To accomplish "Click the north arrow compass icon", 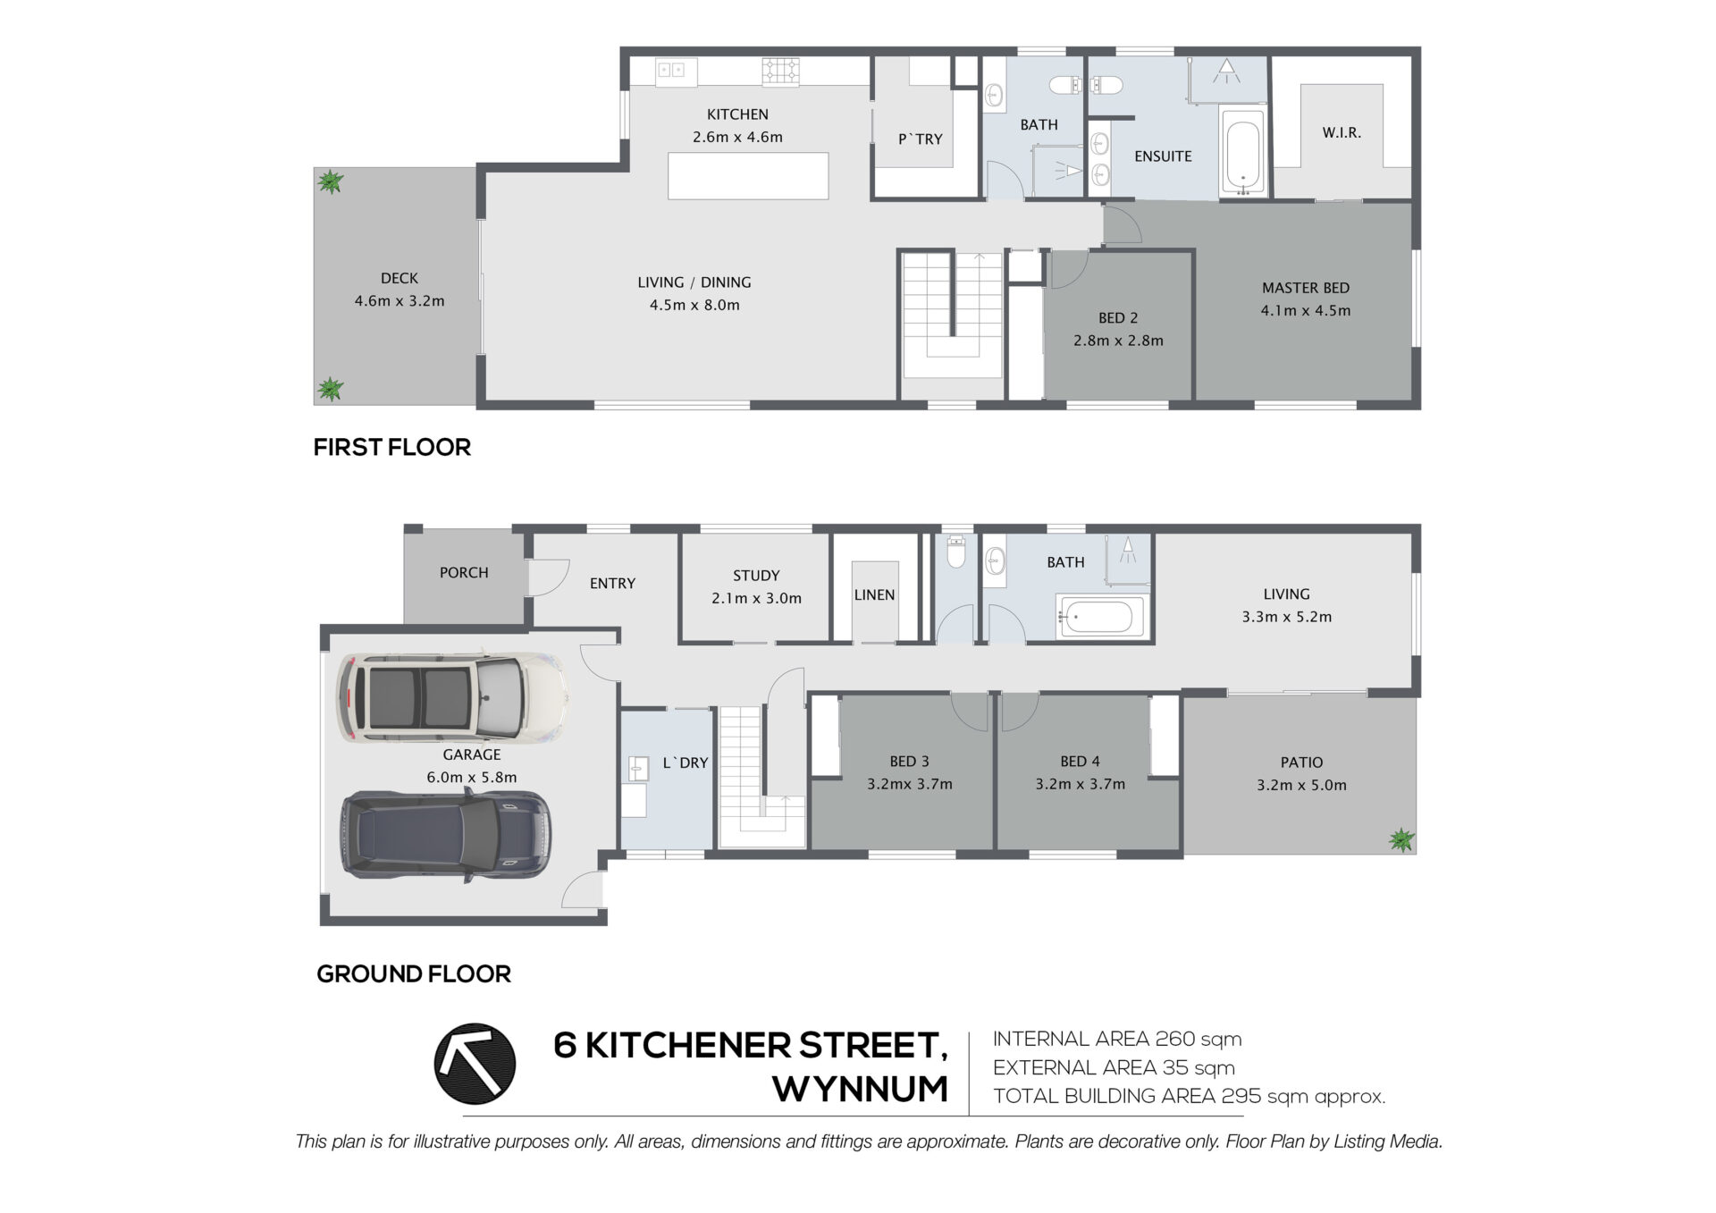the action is [x=475, y=1064].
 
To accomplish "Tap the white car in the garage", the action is [x=452, y=697].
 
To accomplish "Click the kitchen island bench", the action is [x=748, y=176].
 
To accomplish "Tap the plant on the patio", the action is [x=1401, y=839].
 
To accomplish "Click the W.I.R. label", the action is [x=1342, y=133].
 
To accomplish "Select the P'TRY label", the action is [x=921, y=139].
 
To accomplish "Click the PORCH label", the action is [x=464, y=573].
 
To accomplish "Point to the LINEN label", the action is [x=874, y=595].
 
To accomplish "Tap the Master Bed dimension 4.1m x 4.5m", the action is [x=1306, y=311].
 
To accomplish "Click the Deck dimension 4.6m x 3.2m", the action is [x=400, y=301].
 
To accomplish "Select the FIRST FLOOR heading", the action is [x=392, y=447].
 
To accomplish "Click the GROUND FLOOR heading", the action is [x=414, y=974].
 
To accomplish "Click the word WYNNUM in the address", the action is [x=861, y=1090].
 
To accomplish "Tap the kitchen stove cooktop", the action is [x=780, y=72].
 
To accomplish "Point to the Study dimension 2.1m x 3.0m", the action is [x=756, y=599].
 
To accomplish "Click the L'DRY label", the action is [x=686, y=763].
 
